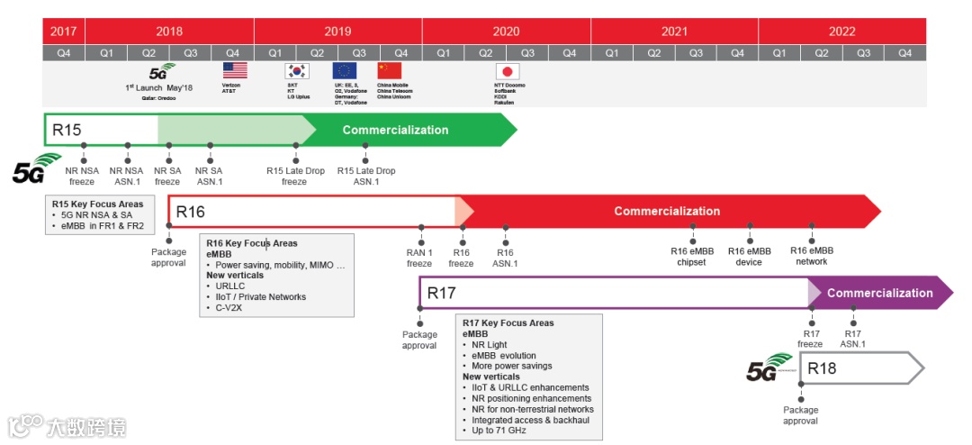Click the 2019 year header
click(x=337, y=31)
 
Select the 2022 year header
click(x=841, y=31)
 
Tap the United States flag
click(x=234, y=70)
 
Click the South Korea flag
click(x=296, y=71)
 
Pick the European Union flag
click(x=345, y=70)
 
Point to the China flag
click(x=389, y=70)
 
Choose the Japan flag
click(x=508, y=70)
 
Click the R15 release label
click(x=67, y=130)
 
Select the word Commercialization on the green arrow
click(x=395, y=130)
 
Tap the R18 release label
click(x=822, y=368)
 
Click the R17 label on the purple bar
click(x=442, y=293)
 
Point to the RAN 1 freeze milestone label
click(x=419, y=258)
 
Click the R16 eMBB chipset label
click(x=693, y=256)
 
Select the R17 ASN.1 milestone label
click(x=852, y=338)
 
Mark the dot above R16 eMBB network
click(x=812, y=227)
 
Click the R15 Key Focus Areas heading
click(x=97, y=204)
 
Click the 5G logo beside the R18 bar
click(x=770, y=368)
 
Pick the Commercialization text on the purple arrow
click(x=879, y=293)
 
